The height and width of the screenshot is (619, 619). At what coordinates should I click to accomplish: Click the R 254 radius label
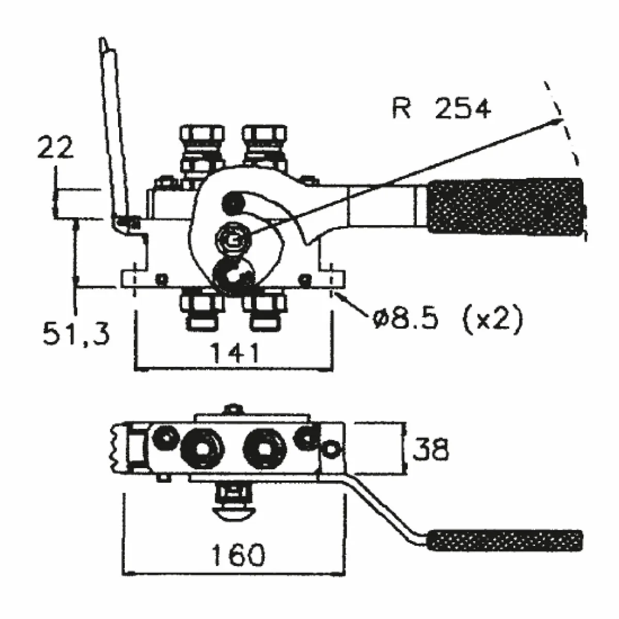click(441, 109)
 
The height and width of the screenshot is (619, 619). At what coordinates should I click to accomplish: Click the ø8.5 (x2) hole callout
click(447, 320)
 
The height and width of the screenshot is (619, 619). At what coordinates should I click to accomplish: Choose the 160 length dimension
click(238, 555)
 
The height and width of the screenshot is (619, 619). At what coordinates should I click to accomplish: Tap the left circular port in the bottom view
click(202, 448)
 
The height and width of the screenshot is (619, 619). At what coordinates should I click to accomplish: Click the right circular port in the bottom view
click(266, 448)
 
